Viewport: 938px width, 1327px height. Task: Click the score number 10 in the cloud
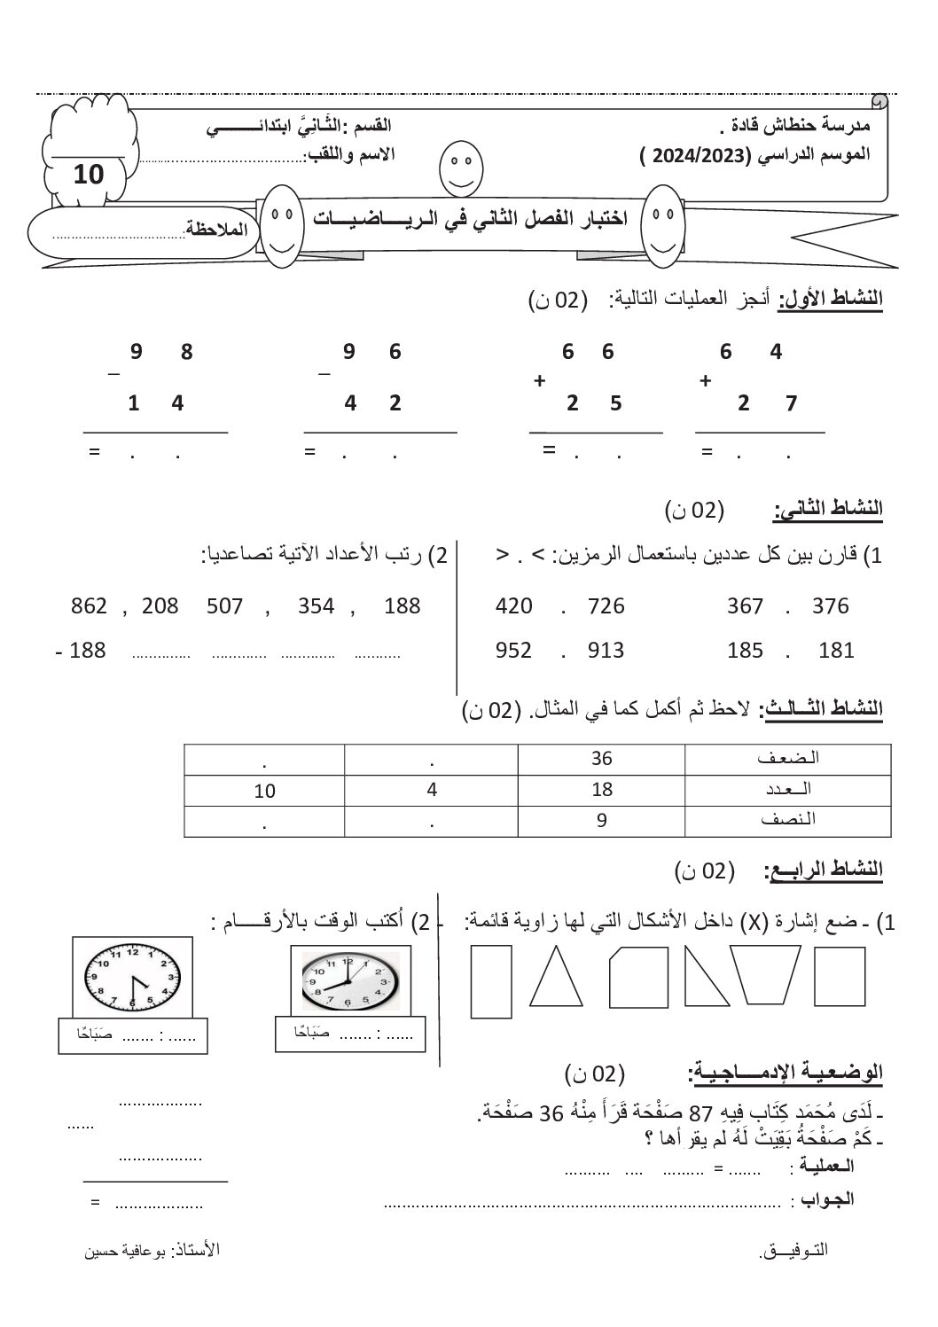pos(89,174)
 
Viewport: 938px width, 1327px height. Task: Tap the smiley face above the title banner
pos(457,167)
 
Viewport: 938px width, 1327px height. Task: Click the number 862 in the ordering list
pos(89,606)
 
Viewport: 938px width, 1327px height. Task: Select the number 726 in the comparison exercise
pos(606,606)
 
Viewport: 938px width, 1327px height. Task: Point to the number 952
pos(513,651)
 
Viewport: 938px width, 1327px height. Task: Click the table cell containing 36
pos(602,759)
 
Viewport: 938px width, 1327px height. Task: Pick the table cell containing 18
pos(602,789)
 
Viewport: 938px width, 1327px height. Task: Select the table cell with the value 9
pos(602,820)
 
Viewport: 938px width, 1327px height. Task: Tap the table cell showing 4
pos(432,789)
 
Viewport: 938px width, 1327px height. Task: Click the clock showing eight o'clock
pos(349,982)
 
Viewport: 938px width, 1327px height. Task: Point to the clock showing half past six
pos(133,976)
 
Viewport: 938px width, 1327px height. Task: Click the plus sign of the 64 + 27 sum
pos(706,380)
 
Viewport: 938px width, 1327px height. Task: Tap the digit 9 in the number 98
pos(136,352)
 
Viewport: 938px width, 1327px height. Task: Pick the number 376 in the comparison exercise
pos(830,606)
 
